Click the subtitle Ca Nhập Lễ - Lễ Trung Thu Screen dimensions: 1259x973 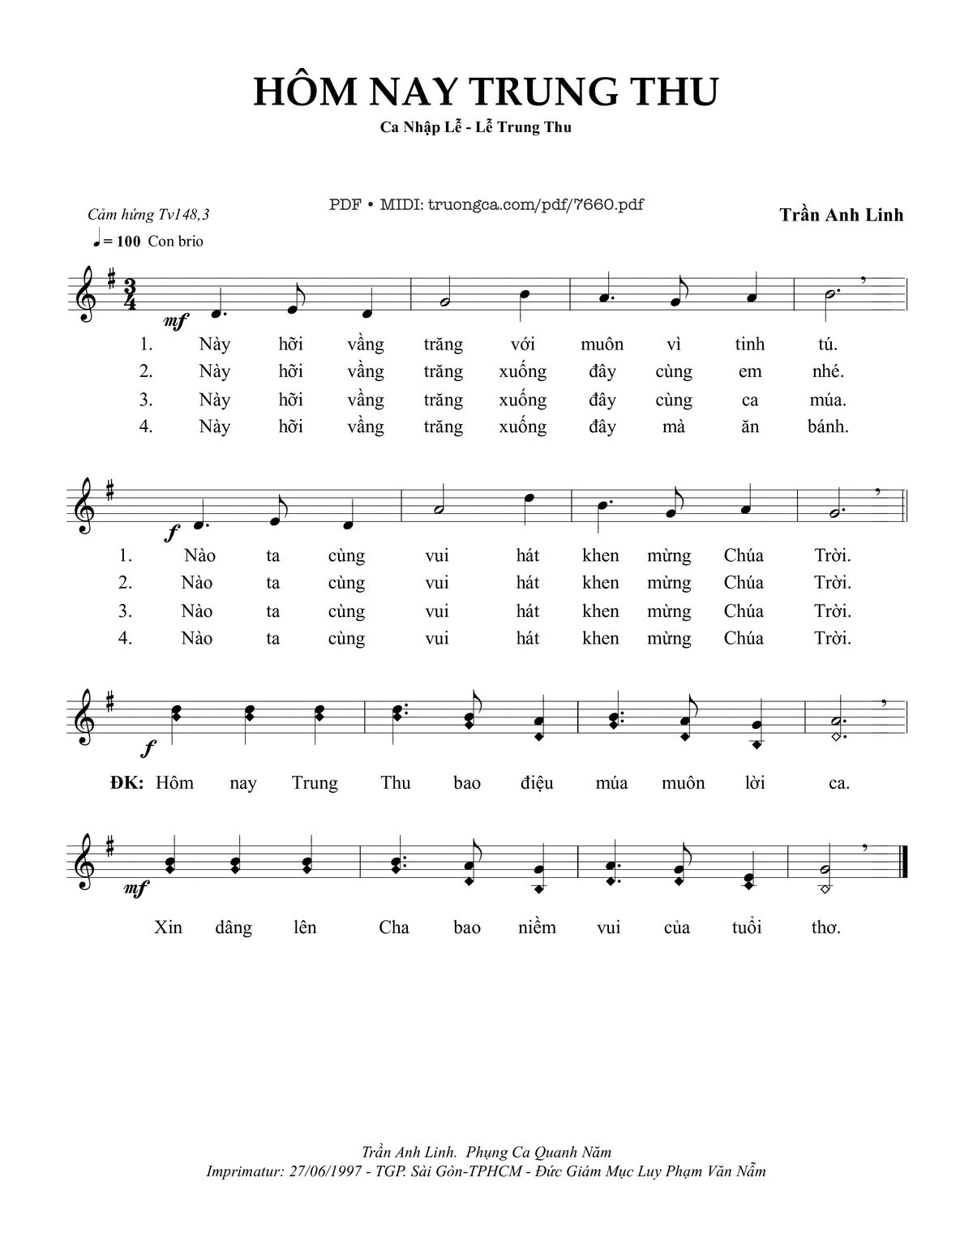476,127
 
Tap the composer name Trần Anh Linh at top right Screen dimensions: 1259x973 841,215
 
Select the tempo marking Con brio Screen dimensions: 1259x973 175,241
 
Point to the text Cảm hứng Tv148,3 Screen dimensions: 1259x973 148,215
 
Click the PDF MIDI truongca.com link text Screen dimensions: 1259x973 486,204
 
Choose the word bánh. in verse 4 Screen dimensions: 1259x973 828,426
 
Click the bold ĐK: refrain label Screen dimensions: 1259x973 126,782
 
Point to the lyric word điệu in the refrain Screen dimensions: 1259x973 536,783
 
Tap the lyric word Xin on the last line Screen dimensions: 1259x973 168,927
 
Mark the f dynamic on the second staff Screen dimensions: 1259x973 171,533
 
